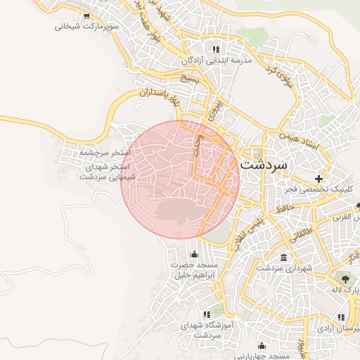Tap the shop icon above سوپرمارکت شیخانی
point(86,15)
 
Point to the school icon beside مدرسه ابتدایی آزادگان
point(216,50)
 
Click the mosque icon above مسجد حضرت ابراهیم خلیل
point(194,254)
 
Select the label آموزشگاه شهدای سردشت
point(206,330)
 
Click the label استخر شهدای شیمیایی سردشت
point(108,172)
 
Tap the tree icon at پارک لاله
point(345,277)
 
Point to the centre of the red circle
point(181,179)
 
